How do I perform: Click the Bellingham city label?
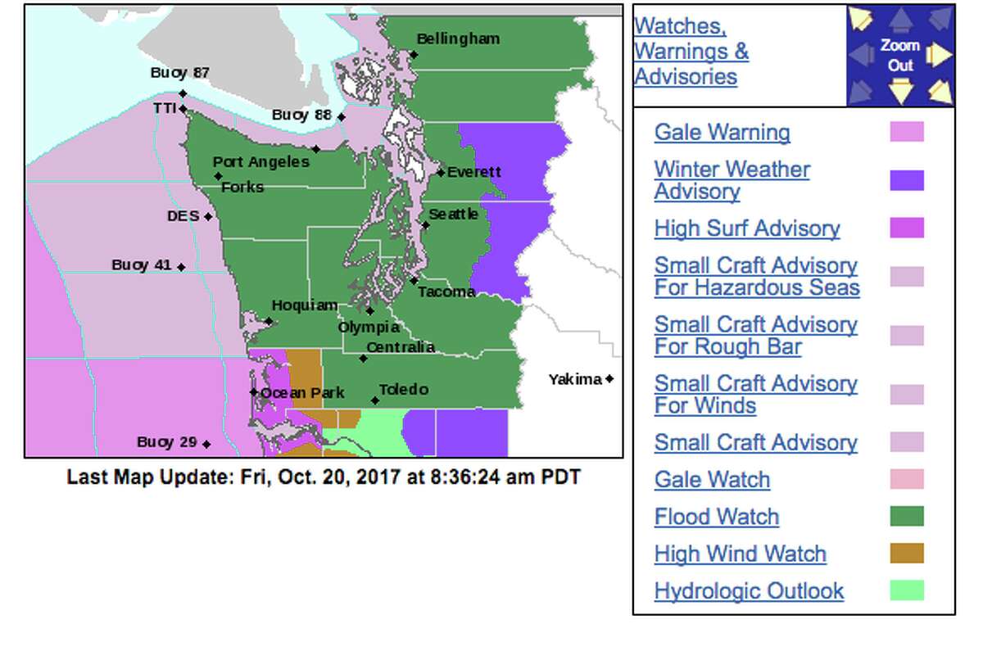(458, 39)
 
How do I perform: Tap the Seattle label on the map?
(453, 214)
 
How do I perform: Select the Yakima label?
(576, 379)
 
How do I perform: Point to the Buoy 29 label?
(167, 442)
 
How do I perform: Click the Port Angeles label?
(261, 162)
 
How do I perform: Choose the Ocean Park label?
(302, 393)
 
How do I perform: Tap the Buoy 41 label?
(142, 265)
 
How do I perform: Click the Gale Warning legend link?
(722, 133)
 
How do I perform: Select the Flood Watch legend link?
(717, 517)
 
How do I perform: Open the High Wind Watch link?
(740, 554)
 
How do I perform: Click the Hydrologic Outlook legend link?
(749, 591)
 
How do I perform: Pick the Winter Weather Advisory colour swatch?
(907, 181)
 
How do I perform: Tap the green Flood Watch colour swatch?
(907, 517)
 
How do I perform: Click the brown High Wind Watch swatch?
(907, 554)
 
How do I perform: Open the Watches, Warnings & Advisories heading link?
(691, 52)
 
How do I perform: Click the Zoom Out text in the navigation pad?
(900, 55)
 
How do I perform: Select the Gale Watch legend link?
(712, 480)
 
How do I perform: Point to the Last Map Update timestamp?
(324, 477)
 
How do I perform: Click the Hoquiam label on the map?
(305, 305)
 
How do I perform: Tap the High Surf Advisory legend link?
(747, 228)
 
